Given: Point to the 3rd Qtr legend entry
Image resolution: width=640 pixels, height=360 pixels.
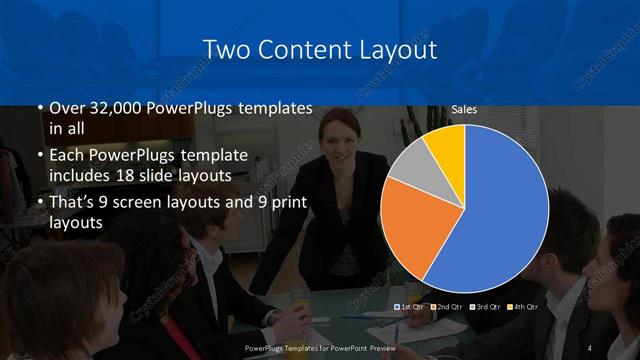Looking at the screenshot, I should click(486, 306).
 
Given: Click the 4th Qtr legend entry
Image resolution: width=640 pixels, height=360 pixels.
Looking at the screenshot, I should click(523, 306).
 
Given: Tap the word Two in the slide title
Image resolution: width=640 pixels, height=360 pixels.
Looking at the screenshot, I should click(226, 47).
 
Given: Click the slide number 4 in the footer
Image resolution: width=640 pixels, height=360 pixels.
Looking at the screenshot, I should click(590, 347).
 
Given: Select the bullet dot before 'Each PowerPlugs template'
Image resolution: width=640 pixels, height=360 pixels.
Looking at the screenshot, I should click(40, 156).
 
